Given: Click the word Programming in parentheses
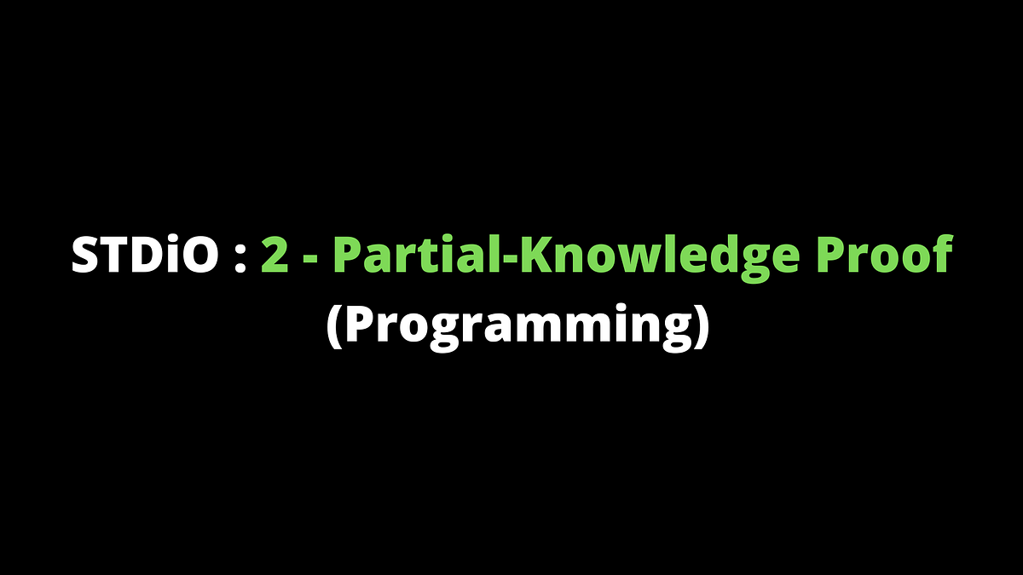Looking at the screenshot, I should [x=517, y=326].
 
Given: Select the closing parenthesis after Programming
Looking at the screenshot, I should [x=700, y=326].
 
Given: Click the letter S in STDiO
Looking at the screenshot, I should [x=85, y=255].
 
